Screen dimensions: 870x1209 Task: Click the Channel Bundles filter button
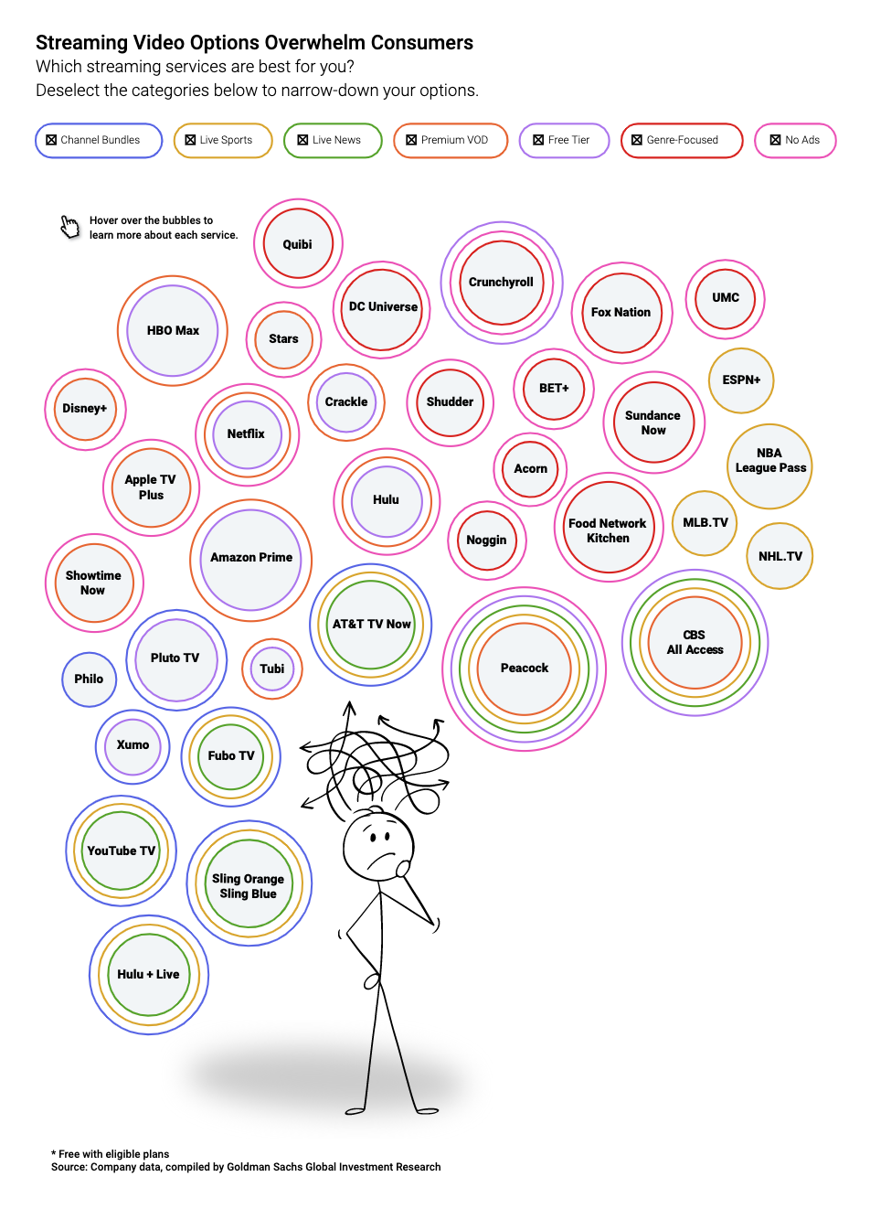(99, 140)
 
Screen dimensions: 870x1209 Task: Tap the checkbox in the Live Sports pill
(190, 140)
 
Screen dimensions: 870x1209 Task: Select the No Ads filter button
(795, 140)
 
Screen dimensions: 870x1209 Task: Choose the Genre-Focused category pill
(682, 140)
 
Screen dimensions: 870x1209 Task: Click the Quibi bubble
(298, 243)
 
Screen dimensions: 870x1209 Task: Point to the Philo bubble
(89, 679)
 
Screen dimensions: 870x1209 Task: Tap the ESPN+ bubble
(741, 380)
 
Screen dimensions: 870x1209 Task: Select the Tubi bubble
(271, 669)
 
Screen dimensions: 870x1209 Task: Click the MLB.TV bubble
(705, 523)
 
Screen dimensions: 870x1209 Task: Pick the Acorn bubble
(530, 469)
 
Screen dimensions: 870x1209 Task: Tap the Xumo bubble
(133, 746)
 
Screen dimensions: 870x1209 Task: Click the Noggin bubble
(486, 540)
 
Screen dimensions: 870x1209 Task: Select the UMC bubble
(725, 298)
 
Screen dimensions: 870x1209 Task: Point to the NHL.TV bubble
(780, 556)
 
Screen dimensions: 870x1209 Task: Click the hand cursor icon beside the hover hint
(69, 227)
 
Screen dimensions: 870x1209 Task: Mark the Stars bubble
(283, 339)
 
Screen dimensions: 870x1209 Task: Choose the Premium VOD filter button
(451, 140)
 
